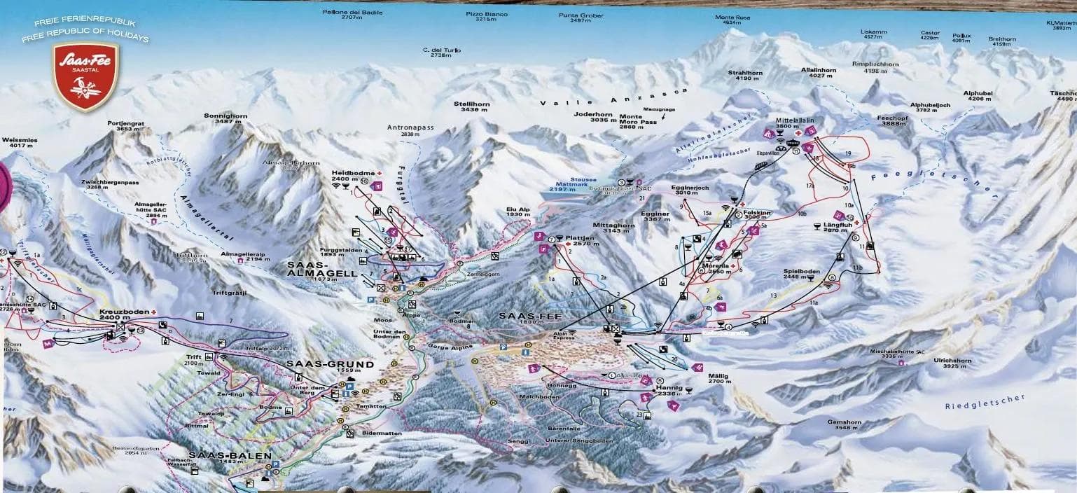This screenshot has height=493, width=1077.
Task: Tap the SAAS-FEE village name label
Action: click(521, 317)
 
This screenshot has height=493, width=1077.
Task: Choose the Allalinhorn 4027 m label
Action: click(818, 74)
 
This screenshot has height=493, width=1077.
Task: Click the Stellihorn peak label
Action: click(471, 106)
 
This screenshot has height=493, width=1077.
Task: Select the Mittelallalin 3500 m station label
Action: click(793, 123)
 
